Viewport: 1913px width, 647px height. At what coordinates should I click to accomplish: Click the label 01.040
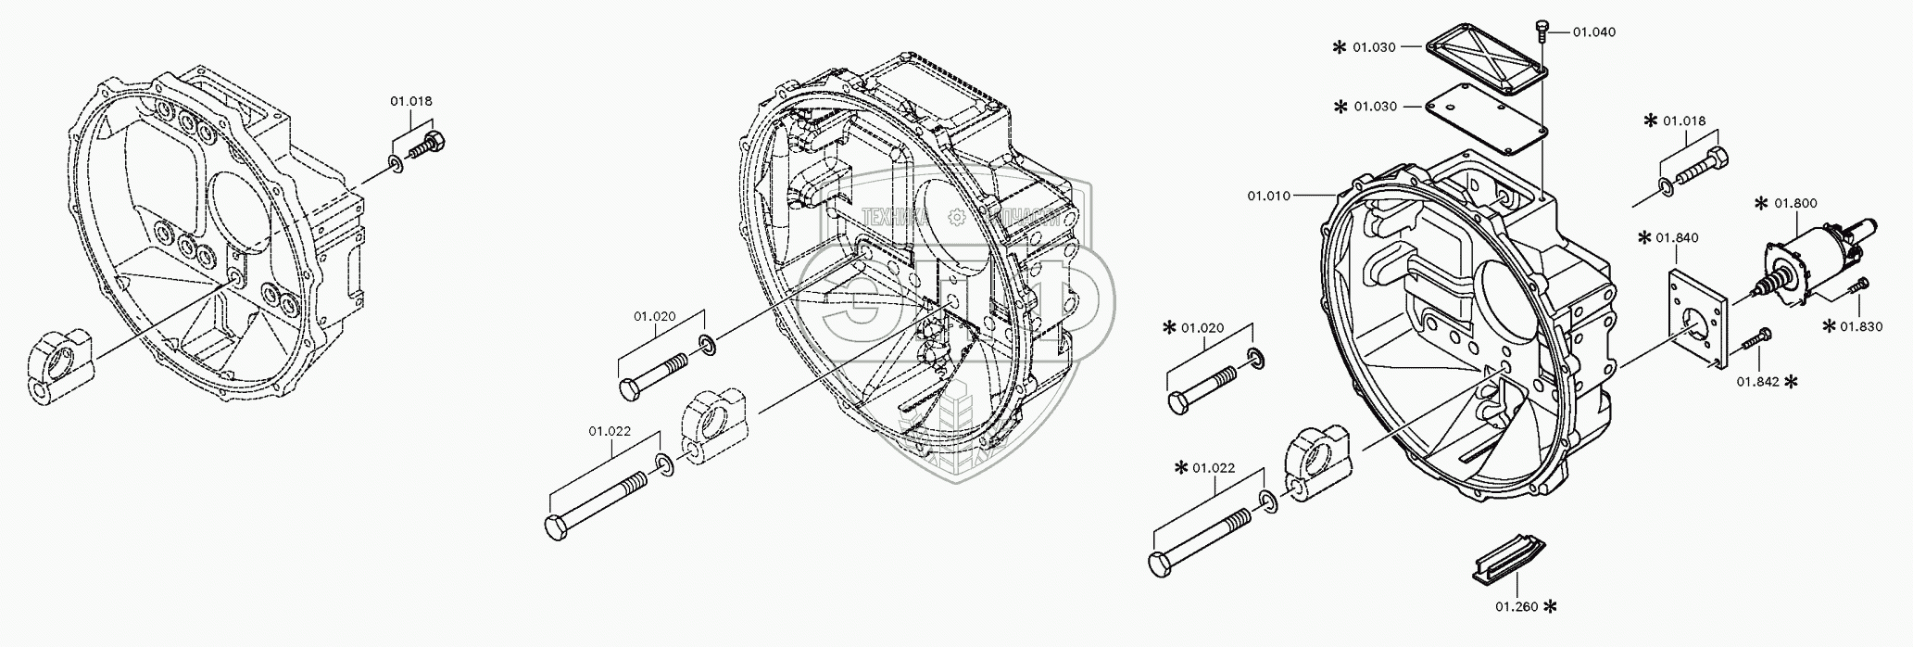point(1593,32)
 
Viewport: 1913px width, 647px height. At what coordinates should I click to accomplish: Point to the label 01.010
point(1268,196)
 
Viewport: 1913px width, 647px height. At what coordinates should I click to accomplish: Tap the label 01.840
point(1678,238)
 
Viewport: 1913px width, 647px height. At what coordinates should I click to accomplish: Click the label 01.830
point(1861,325)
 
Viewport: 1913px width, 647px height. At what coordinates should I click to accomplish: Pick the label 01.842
point(1756,381)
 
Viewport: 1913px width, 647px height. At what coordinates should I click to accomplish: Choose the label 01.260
point(1517,607)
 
